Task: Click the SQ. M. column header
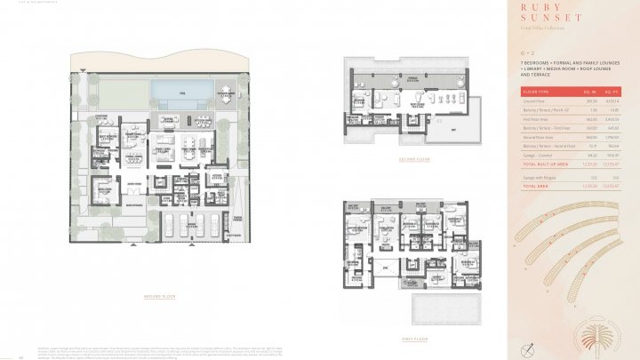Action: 589,91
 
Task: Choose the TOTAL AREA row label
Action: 534,187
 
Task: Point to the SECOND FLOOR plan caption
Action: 413,160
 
